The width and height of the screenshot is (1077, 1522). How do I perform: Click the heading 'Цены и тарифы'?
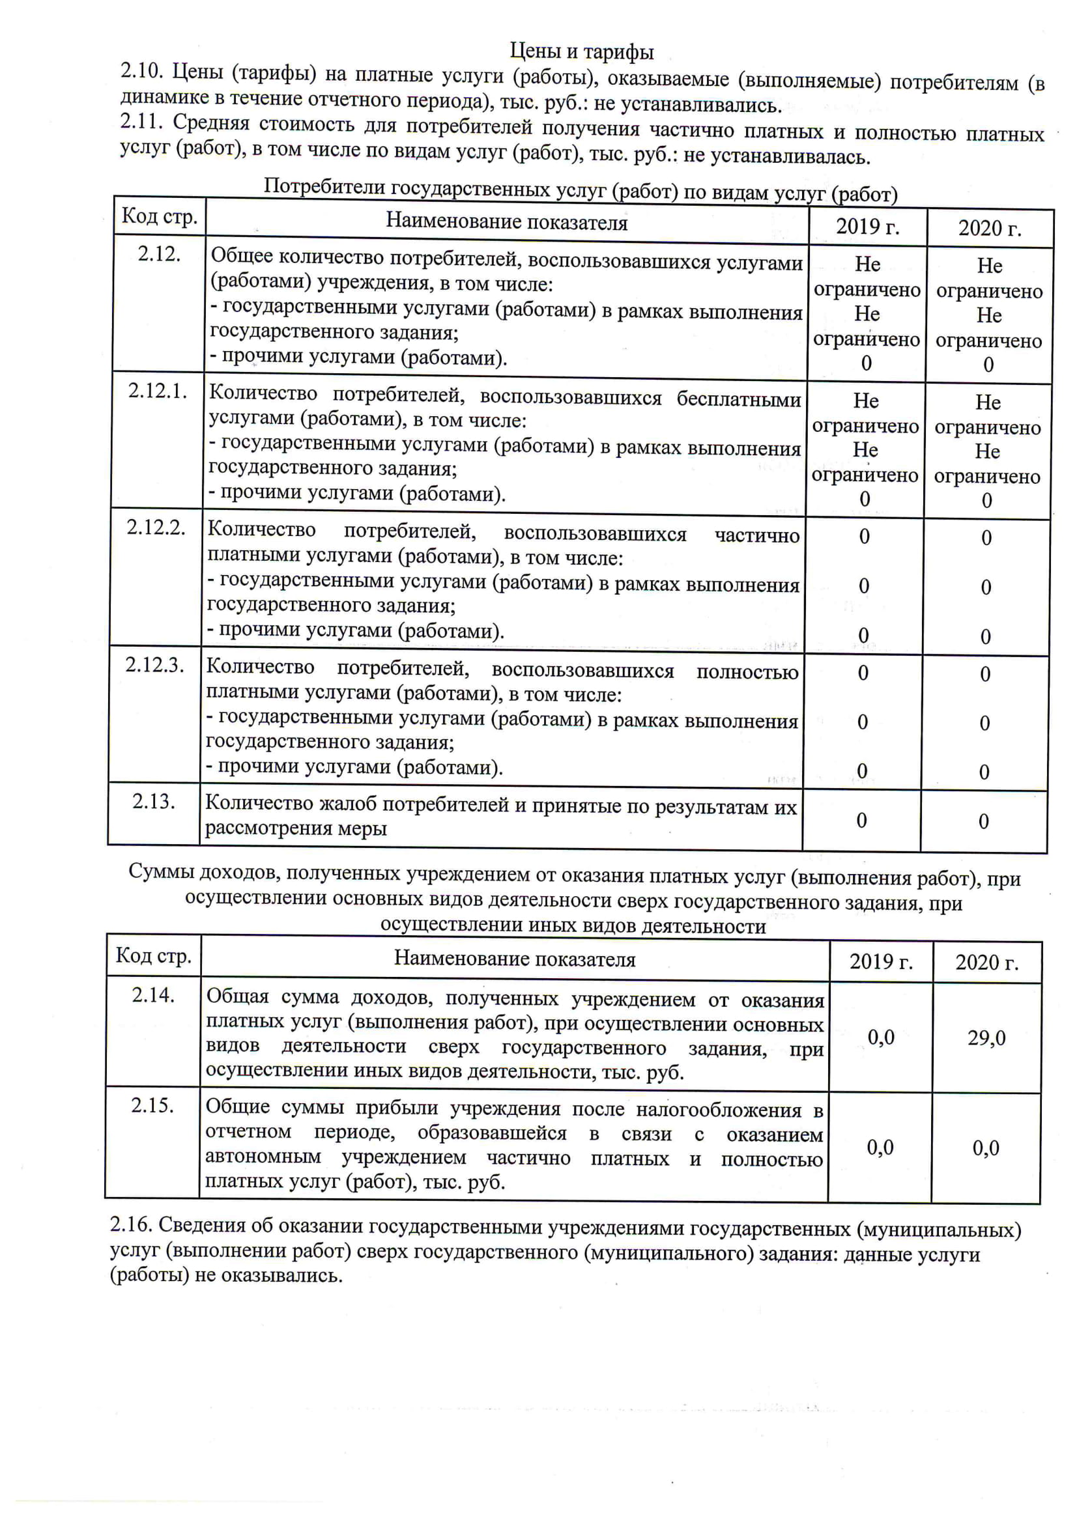coord(582,51)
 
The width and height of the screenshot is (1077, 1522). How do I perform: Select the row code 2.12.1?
coord(158,391)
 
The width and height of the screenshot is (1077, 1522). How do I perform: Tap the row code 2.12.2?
coord(156,528)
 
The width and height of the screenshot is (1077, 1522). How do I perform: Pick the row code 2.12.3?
coord(155,664)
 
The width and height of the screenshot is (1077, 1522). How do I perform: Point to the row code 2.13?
coord(153,802)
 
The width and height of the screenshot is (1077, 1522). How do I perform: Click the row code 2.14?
coord(153,995)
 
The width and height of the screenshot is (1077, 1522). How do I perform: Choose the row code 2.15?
coord(152,1105)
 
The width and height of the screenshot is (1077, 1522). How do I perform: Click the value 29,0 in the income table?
coord(986,1037)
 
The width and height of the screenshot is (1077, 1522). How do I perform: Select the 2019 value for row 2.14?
coord(881,1037)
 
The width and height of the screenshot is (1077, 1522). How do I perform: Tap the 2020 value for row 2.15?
coord(986,1148)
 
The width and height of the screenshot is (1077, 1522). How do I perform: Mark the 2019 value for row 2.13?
coord(861,821)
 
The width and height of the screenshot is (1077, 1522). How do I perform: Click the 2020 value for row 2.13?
coord(983,822)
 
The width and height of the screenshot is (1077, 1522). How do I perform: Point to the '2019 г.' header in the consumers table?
coord(867,227)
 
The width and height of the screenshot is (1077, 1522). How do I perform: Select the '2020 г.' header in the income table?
coord(987,963)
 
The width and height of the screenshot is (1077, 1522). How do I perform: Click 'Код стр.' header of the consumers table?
coord(160,216)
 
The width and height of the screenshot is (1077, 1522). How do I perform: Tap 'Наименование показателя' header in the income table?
coord(515,959)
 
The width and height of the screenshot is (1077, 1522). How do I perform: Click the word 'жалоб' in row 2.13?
coord(349,804)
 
